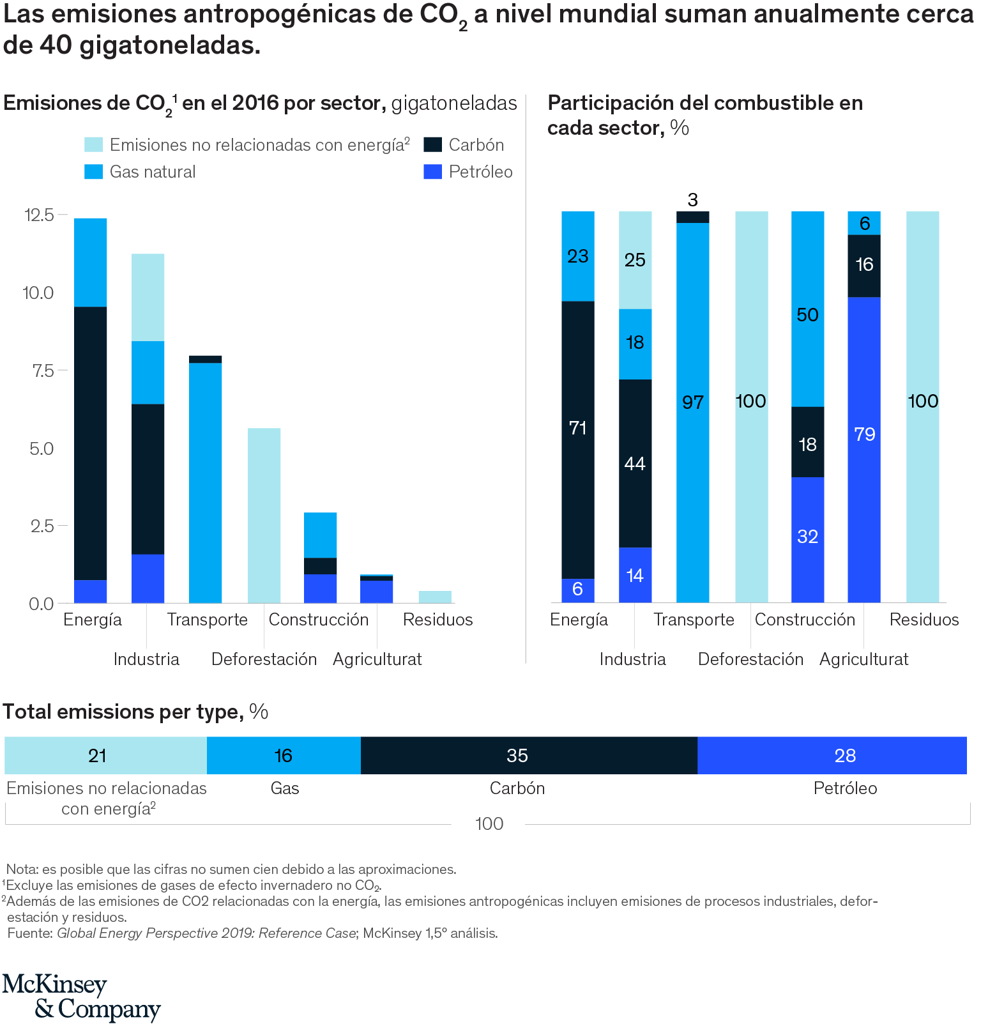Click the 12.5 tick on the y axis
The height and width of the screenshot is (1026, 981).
40,215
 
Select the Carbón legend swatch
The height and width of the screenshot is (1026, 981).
433,144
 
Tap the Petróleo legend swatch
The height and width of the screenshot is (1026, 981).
433,171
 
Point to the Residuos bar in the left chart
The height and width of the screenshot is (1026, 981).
435,597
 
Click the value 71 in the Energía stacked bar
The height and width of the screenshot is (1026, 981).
578,427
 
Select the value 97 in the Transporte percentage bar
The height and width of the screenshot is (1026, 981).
693,402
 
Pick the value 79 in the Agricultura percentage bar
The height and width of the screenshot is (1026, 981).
864,434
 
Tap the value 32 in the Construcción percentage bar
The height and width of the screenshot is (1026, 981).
808,536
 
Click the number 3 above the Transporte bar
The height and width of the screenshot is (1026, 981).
693,200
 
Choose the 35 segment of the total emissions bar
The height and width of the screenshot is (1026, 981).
517,756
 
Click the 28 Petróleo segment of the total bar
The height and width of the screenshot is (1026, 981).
845,756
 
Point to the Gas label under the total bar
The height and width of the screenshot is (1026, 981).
285,788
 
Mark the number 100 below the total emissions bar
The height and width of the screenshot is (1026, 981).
489,823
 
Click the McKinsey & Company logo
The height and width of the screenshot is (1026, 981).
82,997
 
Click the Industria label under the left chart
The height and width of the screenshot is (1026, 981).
146,659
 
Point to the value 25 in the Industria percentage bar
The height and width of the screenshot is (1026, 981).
635,260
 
